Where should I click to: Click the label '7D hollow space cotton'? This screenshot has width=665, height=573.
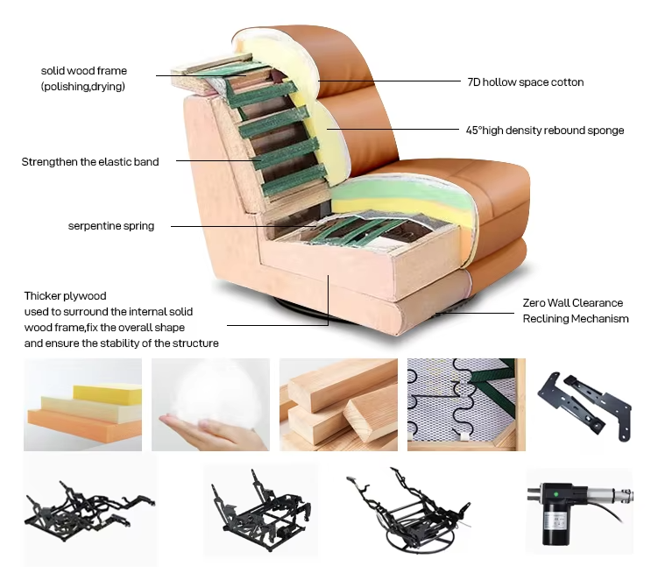526,82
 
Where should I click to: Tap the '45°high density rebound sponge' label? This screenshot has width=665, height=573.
545,131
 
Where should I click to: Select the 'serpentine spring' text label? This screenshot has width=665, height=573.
111,226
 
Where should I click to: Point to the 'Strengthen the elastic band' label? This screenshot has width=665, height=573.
90,162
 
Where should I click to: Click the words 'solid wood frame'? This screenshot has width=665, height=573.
84,71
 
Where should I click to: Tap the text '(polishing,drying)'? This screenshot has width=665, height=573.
83,87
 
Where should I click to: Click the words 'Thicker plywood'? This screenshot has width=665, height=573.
66,296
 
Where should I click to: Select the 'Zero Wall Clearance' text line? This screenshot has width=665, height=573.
572,303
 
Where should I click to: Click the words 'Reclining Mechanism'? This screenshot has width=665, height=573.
576,319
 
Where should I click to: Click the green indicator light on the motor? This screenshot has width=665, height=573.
555,494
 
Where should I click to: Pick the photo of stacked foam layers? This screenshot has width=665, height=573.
82,405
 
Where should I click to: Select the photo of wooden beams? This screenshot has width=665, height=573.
339,405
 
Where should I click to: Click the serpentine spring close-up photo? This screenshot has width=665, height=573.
466,405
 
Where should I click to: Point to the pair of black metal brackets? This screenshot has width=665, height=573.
585,406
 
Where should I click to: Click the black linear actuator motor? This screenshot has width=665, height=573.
579,512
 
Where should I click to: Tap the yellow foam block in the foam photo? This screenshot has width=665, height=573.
108,394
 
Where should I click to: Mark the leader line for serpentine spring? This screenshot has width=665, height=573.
242,227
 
